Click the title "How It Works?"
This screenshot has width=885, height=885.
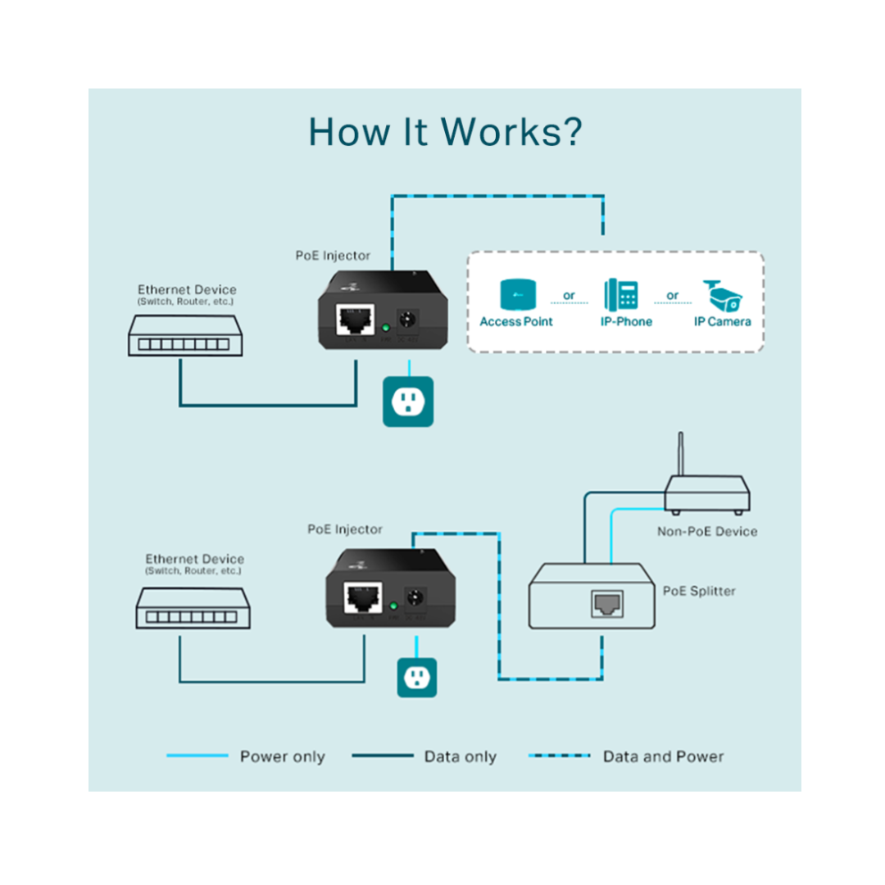tap(445, 132)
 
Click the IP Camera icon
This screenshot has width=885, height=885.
tap(722, 295)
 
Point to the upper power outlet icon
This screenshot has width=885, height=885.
tap(407, 402)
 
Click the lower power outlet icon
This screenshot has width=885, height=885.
tap(417, 677)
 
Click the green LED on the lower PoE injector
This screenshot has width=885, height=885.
tap(393, 606)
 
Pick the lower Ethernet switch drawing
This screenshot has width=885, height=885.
tap(193, 608)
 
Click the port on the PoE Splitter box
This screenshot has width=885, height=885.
tap(606, 604)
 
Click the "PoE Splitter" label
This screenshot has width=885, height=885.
tap(699, 591)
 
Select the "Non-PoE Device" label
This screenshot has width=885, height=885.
tap(707, 532)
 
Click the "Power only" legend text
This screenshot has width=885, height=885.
tap(282, 757)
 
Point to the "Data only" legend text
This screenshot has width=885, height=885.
tap(460, 757)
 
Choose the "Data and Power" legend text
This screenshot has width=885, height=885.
tap(663, 757)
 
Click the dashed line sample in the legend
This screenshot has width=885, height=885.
tap(560, 756)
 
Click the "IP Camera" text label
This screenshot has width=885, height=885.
tap(722, 322)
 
